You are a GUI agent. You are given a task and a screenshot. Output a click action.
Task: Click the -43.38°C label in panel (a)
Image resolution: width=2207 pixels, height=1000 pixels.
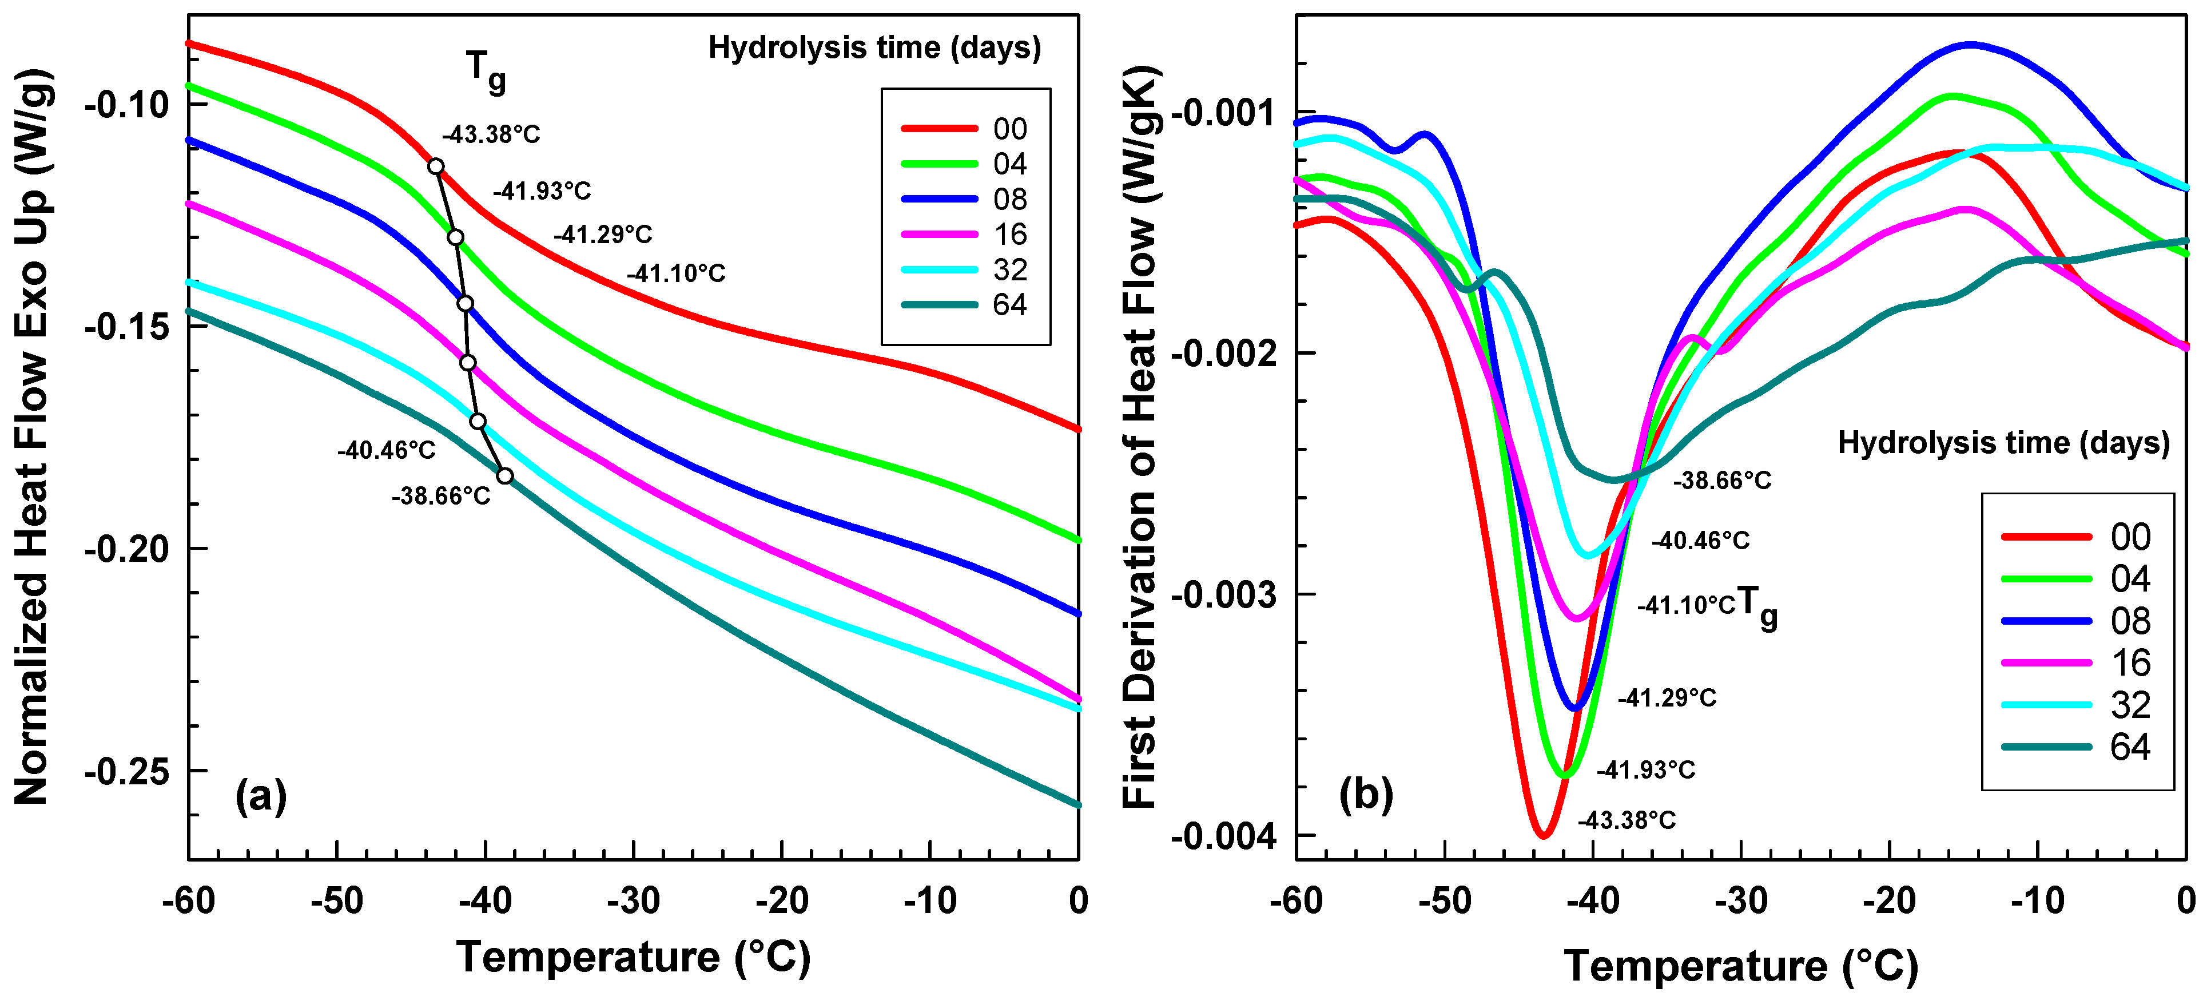coord(491,134)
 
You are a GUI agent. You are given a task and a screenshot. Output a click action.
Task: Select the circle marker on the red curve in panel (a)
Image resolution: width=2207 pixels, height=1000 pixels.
coord(436,166)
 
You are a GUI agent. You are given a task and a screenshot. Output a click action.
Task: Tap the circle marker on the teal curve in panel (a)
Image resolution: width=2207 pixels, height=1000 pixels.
coord(506,477)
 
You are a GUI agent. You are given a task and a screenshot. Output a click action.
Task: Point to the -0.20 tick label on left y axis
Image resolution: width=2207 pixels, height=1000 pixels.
coord(127,549)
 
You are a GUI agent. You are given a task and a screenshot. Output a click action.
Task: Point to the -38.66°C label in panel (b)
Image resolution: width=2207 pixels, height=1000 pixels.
coord(1722,481)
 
